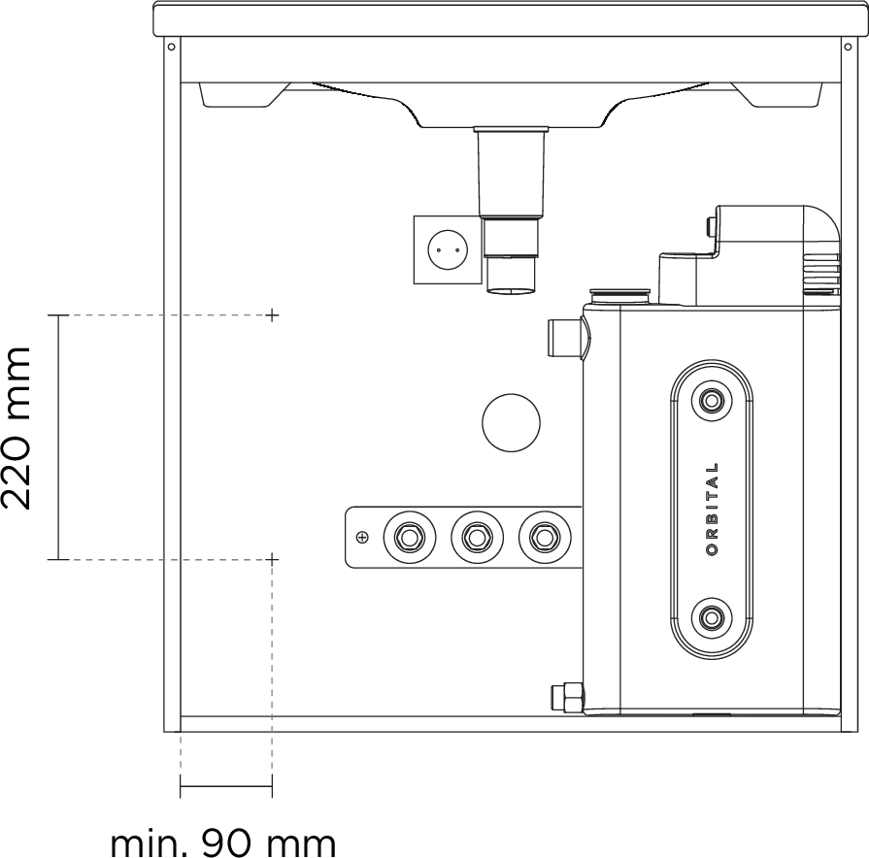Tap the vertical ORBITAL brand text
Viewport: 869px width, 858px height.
[x=713, y=509]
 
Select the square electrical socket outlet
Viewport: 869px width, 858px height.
[x=447, y=249]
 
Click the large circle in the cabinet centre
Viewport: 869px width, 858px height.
[x=511, y=423]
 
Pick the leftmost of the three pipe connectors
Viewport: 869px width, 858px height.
[x=408, y=536]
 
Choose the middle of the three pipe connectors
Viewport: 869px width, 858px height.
[x=476, y=536]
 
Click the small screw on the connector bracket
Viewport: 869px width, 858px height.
[x=362, y=537]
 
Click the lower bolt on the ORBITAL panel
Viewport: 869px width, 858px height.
[x=713, y=615]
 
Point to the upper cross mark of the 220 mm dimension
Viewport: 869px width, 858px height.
[x=273, y=315]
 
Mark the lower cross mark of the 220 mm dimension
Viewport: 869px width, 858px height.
[x=273, y=559]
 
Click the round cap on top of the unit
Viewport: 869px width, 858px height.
[x=621, y=293]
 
